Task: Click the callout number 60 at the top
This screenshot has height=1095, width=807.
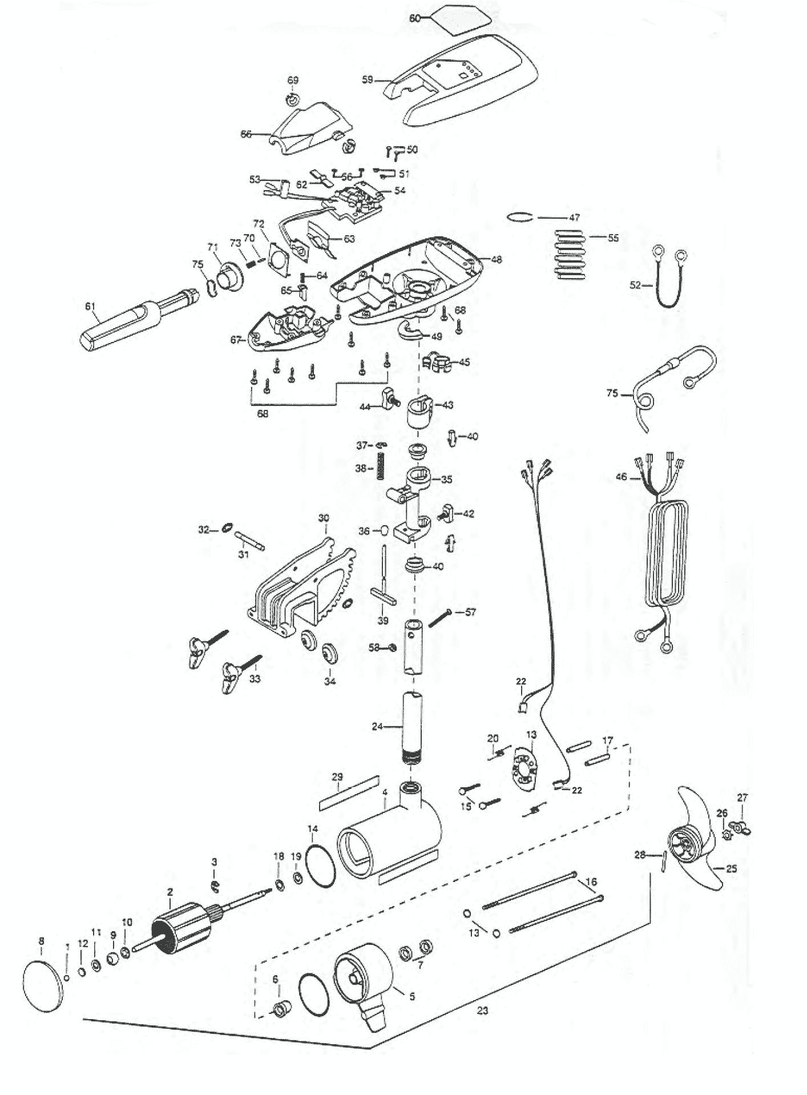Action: [415, 18]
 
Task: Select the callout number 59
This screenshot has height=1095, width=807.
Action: [368, 80]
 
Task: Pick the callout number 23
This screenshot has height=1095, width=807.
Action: [482, 1011]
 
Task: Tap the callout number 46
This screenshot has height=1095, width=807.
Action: [622, 477]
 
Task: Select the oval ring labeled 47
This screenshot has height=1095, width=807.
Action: [520, 216]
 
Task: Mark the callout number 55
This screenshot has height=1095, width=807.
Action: [613, 237]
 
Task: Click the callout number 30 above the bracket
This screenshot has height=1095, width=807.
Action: [324, 518]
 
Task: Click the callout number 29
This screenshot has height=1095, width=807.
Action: [337, 777]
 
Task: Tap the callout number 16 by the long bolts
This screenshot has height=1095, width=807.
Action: [591, 882]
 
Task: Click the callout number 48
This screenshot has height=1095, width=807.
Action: [497, 260]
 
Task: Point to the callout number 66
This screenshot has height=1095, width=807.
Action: [246, 134]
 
